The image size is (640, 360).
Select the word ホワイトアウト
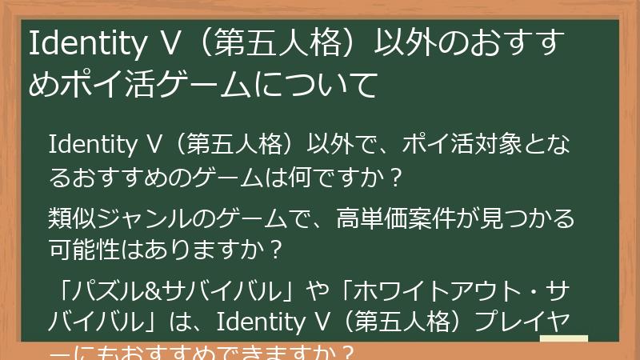tap(415, 289)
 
